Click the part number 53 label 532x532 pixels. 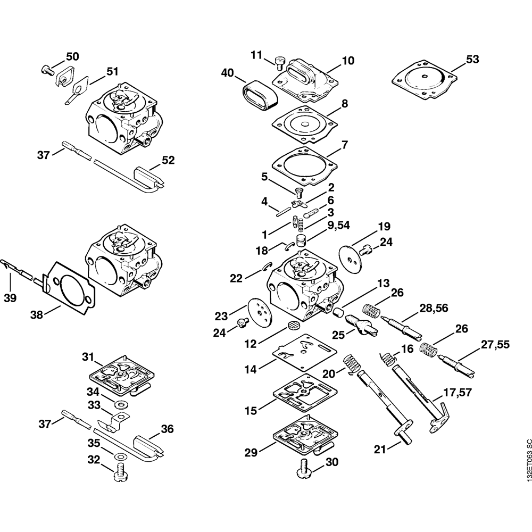pyautogui.click(x=472, y=60)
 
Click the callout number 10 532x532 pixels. pyautogui.click(x=348, y=61)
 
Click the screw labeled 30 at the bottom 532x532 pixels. pyautogui.click(x=305, y=470)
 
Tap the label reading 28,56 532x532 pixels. pyautogui.click(x=434, y=308)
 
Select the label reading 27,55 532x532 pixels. pyautogui.click(x=495, y=345)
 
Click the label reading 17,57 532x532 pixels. pyautogui.click(x=458, y=393)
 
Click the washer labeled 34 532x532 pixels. pyautogui.click(x=119, y=404)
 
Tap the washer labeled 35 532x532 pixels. pyautogui.click(x=119, y=455)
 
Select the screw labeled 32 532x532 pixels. pyautogui.click(x=119, y=471)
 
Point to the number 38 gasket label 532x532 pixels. pyautogui.click(x=37, y=315)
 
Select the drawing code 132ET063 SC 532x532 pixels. pyautogui.click(x=527, y=460)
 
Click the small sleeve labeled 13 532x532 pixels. pyautogui.click(x=337, y=312)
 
